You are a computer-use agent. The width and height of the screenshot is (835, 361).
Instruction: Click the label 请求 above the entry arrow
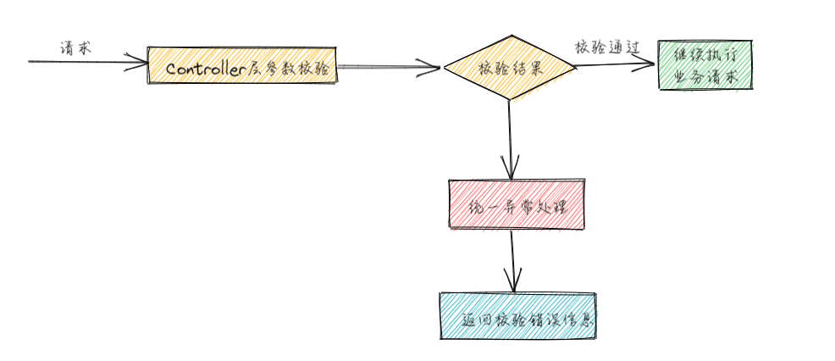[x=75, y=48]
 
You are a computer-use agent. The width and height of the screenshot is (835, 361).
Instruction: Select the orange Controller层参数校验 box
[x=242, y=65]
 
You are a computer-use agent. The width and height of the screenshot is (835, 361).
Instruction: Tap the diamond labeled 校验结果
[x=510, y=68]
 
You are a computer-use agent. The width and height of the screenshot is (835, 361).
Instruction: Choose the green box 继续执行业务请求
[x=704, y=64]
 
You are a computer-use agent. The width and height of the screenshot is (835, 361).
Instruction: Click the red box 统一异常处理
[x=516, y=204]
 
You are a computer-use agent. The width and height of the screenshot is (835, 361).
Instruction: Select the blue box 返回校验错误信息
[x=517, y=315]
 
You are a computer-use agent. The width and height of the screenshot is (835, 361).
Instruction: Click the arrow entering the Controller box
[x=85, y=61]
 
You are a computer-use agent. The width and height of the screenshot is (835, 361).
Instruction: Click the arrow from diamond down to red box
[x=510, y=136]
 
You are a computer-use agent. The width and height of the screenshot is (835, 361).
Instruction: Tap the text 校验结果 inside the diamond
[x=510, y=69]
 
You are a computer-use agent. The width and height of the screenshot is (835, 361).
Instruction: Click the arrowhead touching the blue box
[x=511, y=284]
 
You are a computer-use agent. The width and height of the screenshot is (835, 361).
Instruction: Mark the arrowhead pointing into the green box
[x=648, y=63]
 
